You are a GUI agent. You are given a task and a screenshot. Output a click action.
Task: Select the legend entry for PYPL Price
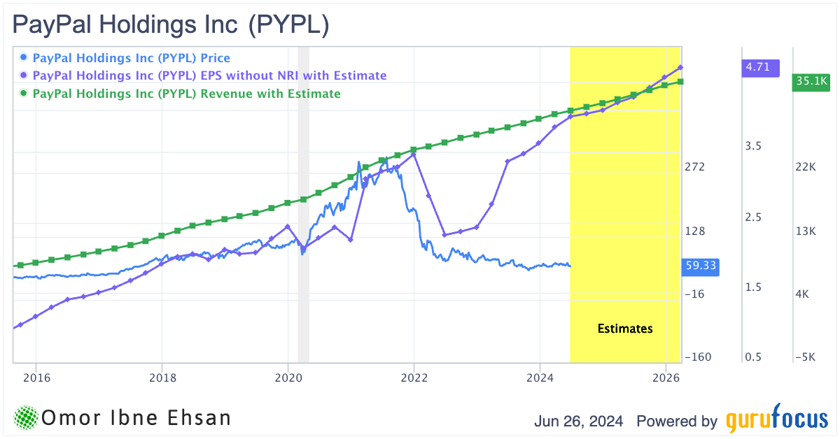131,58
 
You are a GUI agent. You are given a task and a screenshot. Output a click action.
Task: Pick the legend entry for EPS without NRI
209,75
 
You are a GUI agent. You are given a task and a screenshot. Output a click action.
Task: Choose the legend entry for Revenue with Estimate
186,94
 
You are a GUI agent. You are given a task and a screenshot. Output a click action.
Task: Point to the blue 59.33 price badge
699,266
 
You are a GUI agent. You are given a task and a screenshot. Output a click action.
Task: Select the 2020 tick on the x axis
288,377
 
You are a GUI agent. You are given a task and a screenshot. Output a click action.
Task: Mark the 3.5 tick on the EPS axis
752,146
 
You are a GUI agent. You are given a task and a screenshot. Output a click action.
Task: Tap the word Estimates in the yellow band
625,329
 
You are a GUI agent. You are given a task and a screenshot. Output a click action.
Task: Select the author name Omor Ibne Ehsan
136,418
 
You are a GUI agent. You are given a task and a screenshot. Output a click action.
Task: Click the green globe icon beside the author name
25,418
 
